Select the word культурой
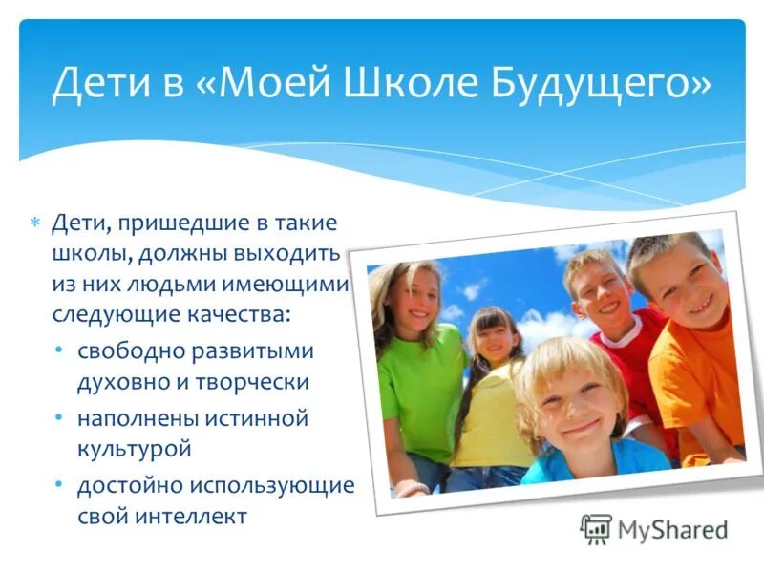click(135, 446)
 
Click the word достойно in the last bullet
click(131, 485)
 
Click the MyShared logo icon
click(596, 528)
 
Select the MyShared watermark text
click(672, 529)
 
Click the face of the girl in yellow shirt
click(492, 337)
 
